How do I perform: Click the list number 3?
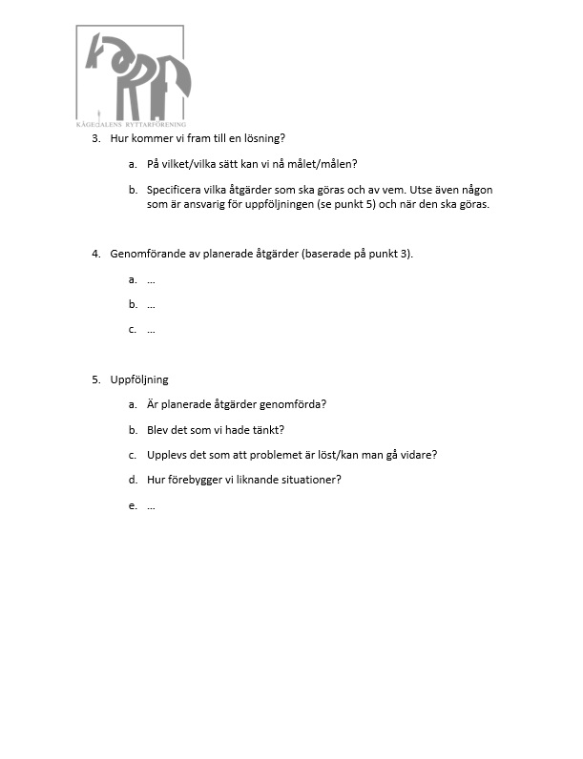click(x=95, y=138)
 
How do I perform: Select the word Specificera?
click(x=177, y=190)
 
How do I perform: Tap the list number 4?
click(x=95, y=254)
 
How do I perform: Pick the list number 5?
click(x=95, y=379)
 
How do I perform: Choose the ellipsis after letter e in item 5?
click(x=151, y=505)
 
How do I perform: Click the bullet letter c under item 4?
click(x=132, y=329)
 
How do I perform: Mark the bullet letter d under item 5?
click(x=132, y=479)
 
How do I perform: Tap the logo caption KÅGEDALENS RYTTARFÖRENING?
click(x=131, y=124)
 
